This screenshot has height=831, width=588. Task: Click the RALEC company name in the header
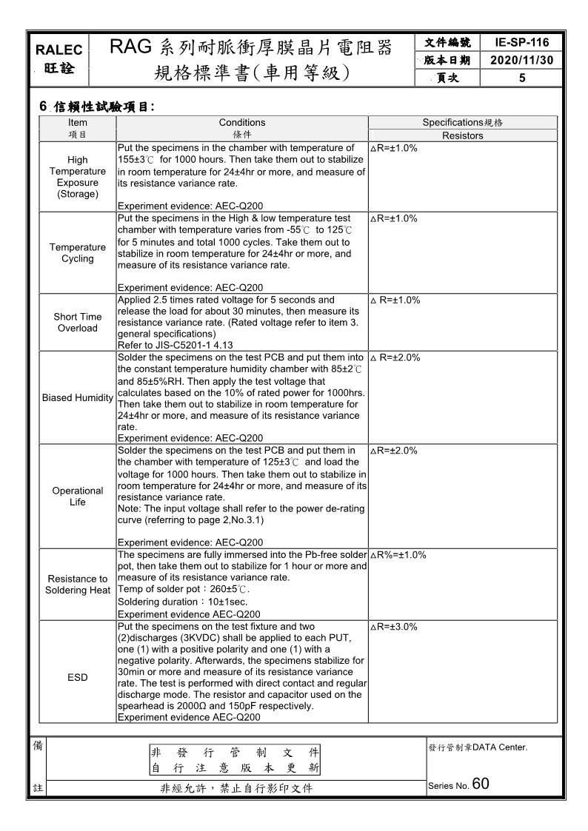59,50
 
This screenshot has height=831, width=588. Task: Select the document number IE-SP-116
522,43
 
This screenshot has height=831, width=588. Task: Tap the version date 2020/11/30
522,60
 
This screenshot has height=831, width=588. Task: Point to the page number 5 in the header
522,77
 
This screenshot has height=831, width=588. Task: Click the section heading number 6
43,107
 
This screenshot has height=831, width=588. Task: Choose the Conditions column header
242,122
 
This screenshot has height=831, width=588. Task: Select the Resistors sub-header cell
462,135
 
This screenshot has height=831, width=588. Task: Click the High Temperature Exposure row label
77,177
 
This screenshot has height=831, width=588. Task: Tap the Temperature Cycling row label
77,253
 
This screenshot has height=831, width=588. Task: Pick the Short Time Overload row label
77,323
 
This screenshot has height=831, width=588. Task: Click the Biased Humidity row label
77,397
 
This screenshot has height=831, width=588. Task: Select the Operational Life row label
77,497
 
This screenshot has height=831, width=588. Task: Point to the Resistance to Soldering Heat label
77,585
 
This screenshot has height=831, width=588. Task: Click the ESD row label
77,677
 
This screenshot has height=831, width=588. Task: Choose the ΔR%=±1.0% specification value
398,554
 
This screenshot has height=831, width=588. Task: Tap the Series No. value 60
480,784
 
